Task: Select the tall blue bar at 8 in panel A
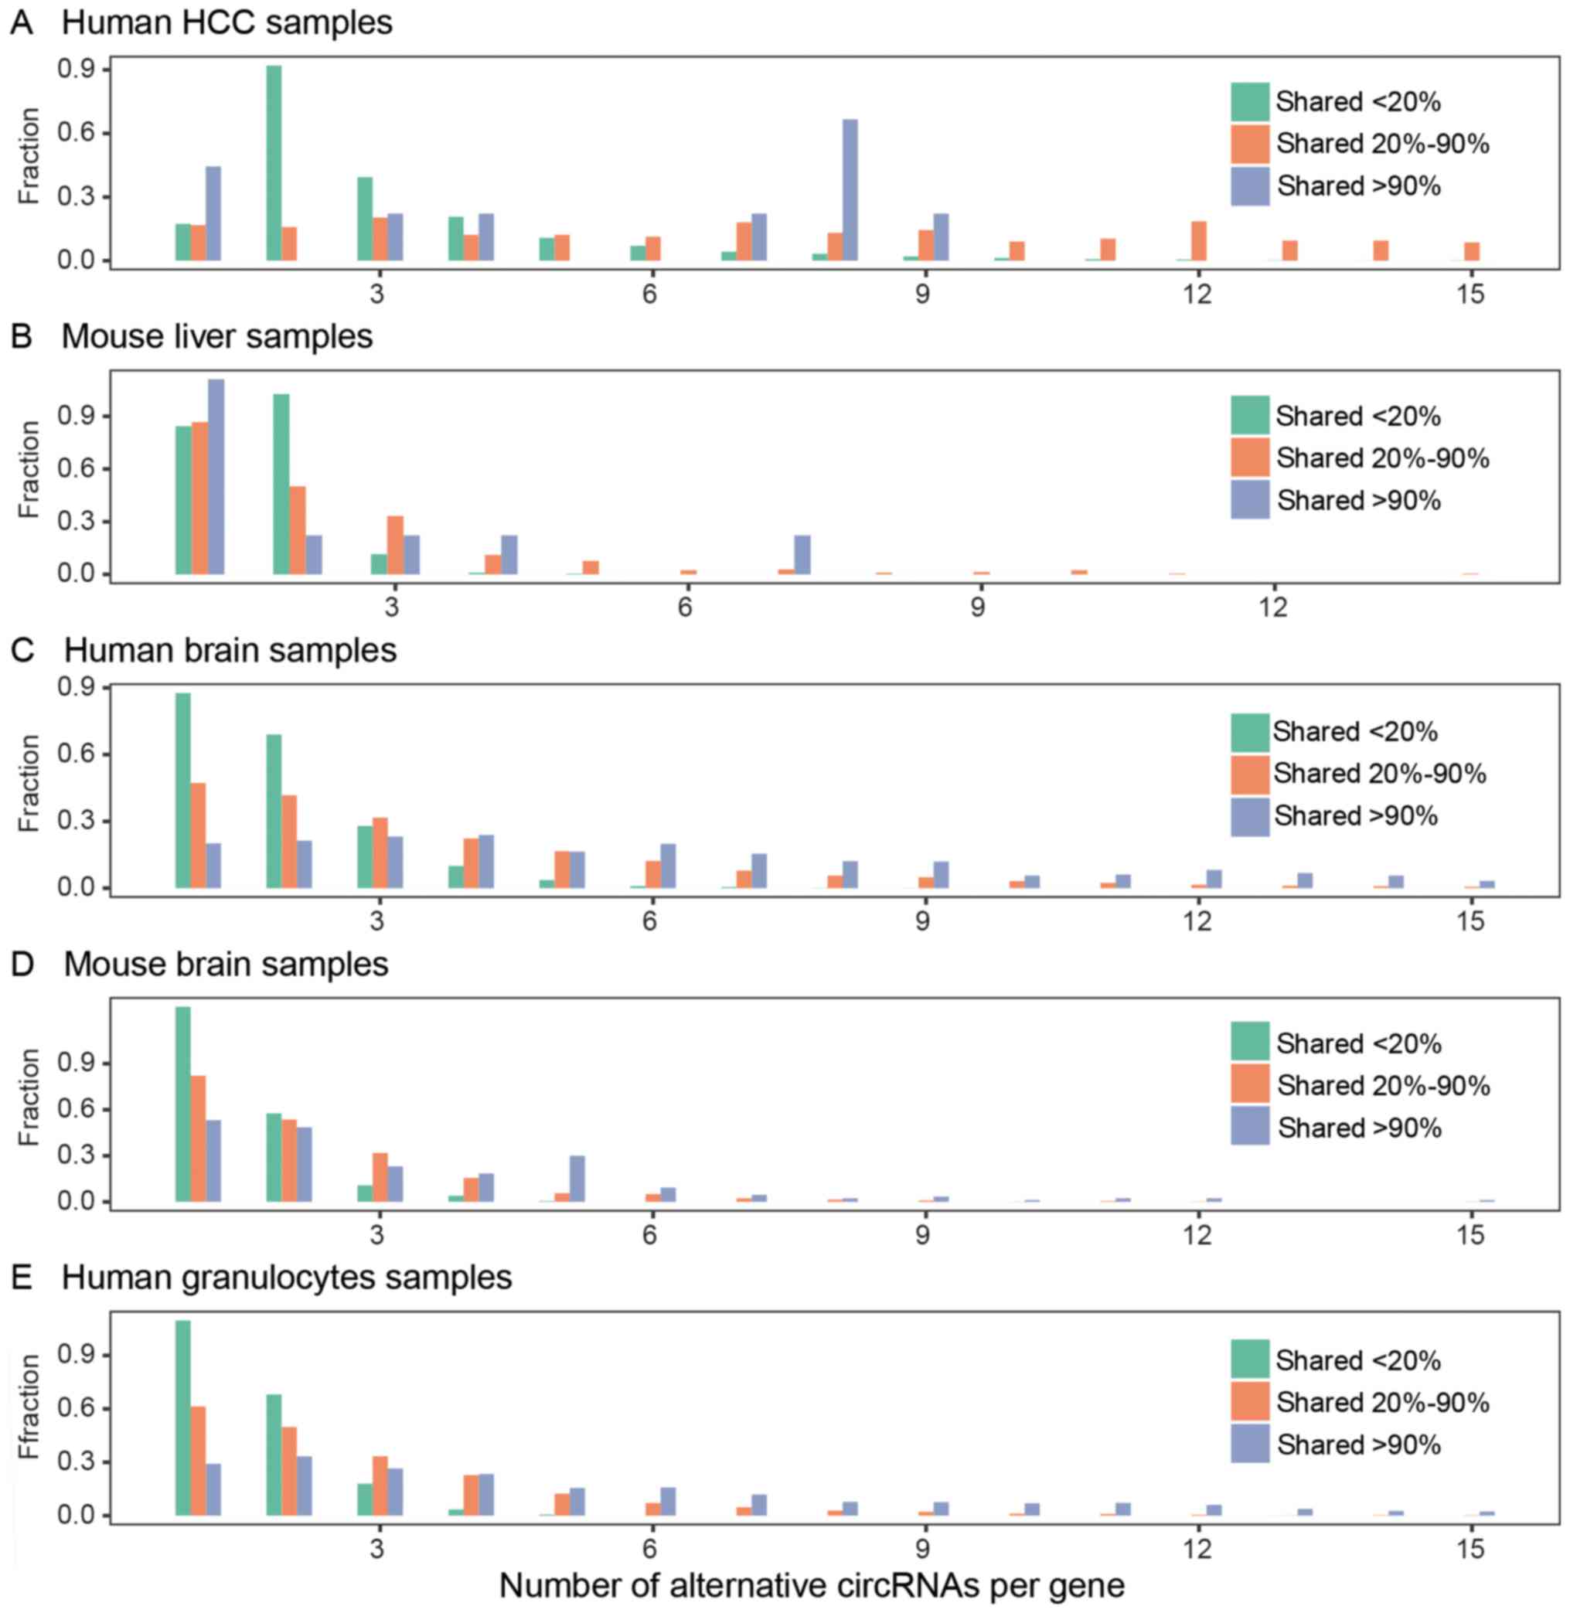point(850,190)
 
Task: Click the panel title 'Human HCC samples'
point(226,22)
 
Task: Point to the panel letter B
point(22,336)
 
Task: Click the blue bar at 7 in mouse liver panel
point(802,555)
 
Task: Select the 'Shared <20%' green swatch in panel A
point(1250,102)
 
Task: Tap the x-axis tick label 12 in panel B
point(1273,607)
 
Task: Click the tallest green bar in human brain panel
point(183,791)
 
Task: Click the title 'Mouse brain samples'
point(226,964)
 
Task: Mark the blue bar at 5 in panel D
point(577,1179)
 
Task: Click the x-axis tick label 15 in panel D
point(1470,1235)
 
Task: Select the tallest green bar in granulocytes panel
point(183,1417)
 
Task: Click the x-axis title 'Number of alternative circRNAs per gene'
point(812,1585)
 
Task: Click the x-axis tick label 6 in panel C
point(650,920)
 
